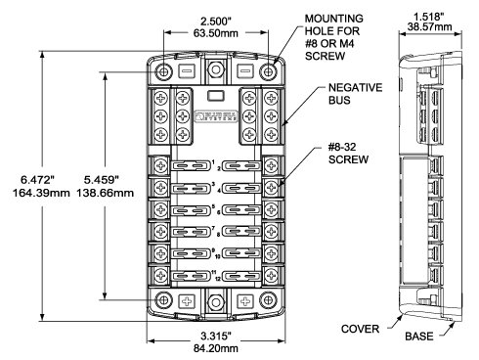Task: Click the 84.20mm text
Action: [x=217, y=348]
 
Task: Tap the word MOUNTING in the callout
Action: [x=335, y=19]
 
